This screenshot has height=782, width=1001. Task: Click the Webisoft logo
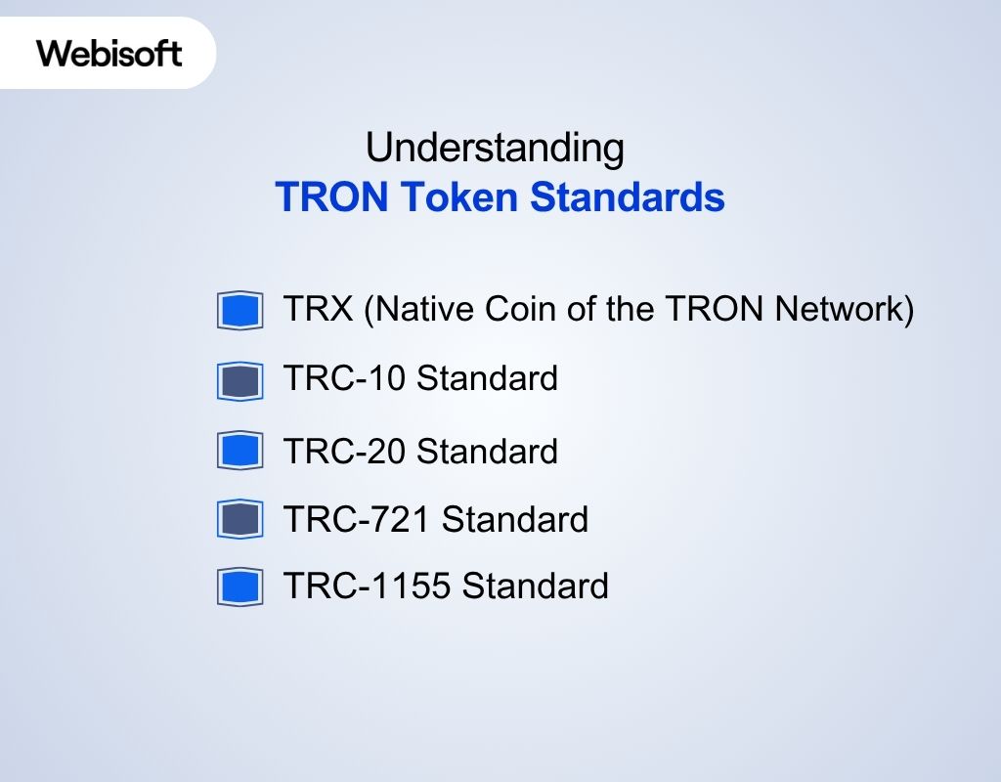pyautogui.click(x=109, y=53)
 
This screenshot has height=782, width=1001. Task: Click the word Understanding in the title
pyautogui.click(x=495, y=149)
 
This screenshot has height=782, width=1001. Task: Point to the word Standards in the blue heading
pyautogui.click(x=627, y=197)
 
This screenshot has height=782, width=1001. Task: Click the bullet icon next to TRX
pyautogui.click(x=240, y=311)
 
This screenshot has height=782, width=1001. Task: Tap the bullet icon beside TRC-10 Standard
pyautogui.click(x=240, y=381)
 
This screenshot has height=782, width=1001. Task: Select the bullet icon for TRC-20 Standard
pyautogui.click(x=240, y=451)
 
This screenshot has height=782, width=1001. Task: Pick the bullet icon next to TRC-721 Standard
pyautogui.click(x=240, y=519)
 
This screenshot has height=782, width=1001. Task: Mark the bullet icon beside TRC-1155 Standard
pyautogui.click(x=240, y=587)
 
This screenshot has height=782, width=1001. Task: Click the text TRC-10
pyautogui.click(x=345, y=378)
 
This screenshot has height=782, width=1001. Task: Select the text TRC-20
pyautogui.click(x=345, y=452)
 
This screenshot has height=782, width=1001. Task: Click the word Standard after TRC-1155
pyautogui.click(x=536, y=586)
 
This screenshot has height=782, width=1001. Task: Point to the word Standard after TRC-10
pyautogui.click(x=488, y=378)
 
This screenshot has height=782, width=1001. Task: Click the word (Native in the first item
pyautogui.click(x=415, y=311)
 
